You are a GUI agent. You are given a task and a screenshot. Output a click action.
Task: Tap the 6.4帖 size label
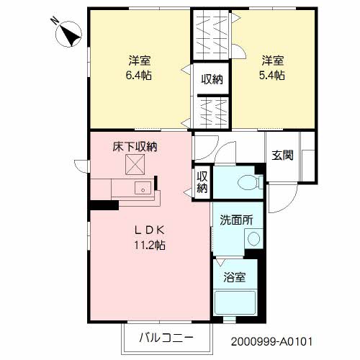[x=139, y=76]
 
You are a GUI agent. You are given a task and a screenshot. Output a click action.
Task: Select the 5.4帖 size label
[x=272, y=76]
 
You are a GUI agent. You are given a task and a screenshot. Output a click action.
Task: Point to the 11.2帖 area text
[x=150, y=246]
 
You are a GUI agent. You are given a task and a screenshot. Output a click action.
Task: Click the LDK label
[x=150, y=230]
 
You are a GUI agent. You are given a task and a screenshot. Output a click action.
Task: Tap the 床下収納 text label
[x=135, y=147]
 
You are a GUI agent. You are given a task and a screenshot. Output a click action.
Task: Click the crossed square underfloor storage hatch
[x=135, y=164]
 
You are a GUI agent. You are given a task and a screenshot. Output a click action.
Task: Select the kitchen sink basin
[x=143, y=188]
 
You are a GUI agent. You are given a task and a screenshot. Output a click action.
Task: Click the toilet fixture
[x=251, y=182]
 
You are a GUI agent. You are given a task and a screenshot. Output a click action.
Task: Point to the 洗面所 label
[x=236, y=220]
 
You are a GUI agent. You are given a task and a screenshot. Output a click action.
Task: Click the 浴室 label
[x=235, y=277]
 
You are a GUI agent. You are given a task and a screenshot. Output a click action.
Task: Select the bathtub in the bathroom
[x=235, y=302]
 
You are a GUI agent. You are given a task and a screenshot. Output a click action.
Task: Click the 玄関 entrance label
[x=282, y=156]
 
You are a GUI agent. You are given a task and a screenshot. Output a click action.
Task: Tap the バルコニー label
[x=166, y=338]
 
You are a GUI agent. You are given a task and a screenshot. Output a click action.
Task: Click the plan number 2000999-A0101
[x=271, y=341]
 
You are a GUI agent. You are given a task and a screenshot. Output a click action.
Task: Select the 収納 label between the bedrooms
[x=212, y=79]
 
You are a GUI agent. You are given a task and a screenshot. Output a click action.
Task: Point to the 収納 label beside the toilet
[x=202, y=182]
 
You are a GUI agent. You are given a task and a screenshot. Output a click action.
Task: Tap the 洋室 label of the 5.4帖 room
[x=273, y=60]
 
